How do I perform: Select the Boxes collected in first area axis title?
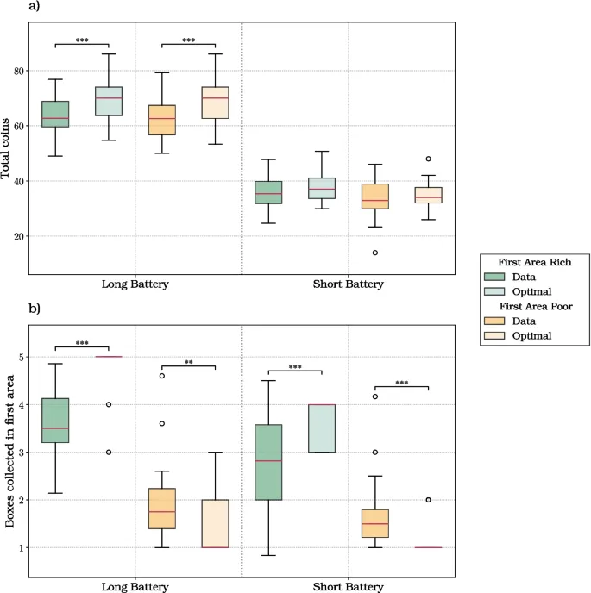(x=8, y=450)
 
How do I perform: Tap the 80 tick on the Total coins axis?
(x=18, y=71)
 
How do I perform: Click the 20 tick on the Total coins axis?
(x=18, y=236)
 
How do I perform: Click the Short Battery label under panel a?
(x=349, y=284)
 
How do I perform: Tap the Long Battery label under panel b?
(x=135, y=586)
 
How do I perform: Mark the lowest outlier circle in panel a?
(x=374, y=253)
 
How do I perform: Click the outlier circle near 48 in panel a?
(x=428, y=159)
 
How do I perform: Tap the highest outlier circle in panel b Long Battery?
(x=161, y=376)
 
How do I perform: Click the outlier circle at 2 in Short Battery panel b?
(x=428, y=500)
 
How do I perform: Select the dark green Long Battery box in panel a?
(x=56, y=114)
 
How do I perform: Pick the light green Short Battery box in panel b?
(x=322, y=428)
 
